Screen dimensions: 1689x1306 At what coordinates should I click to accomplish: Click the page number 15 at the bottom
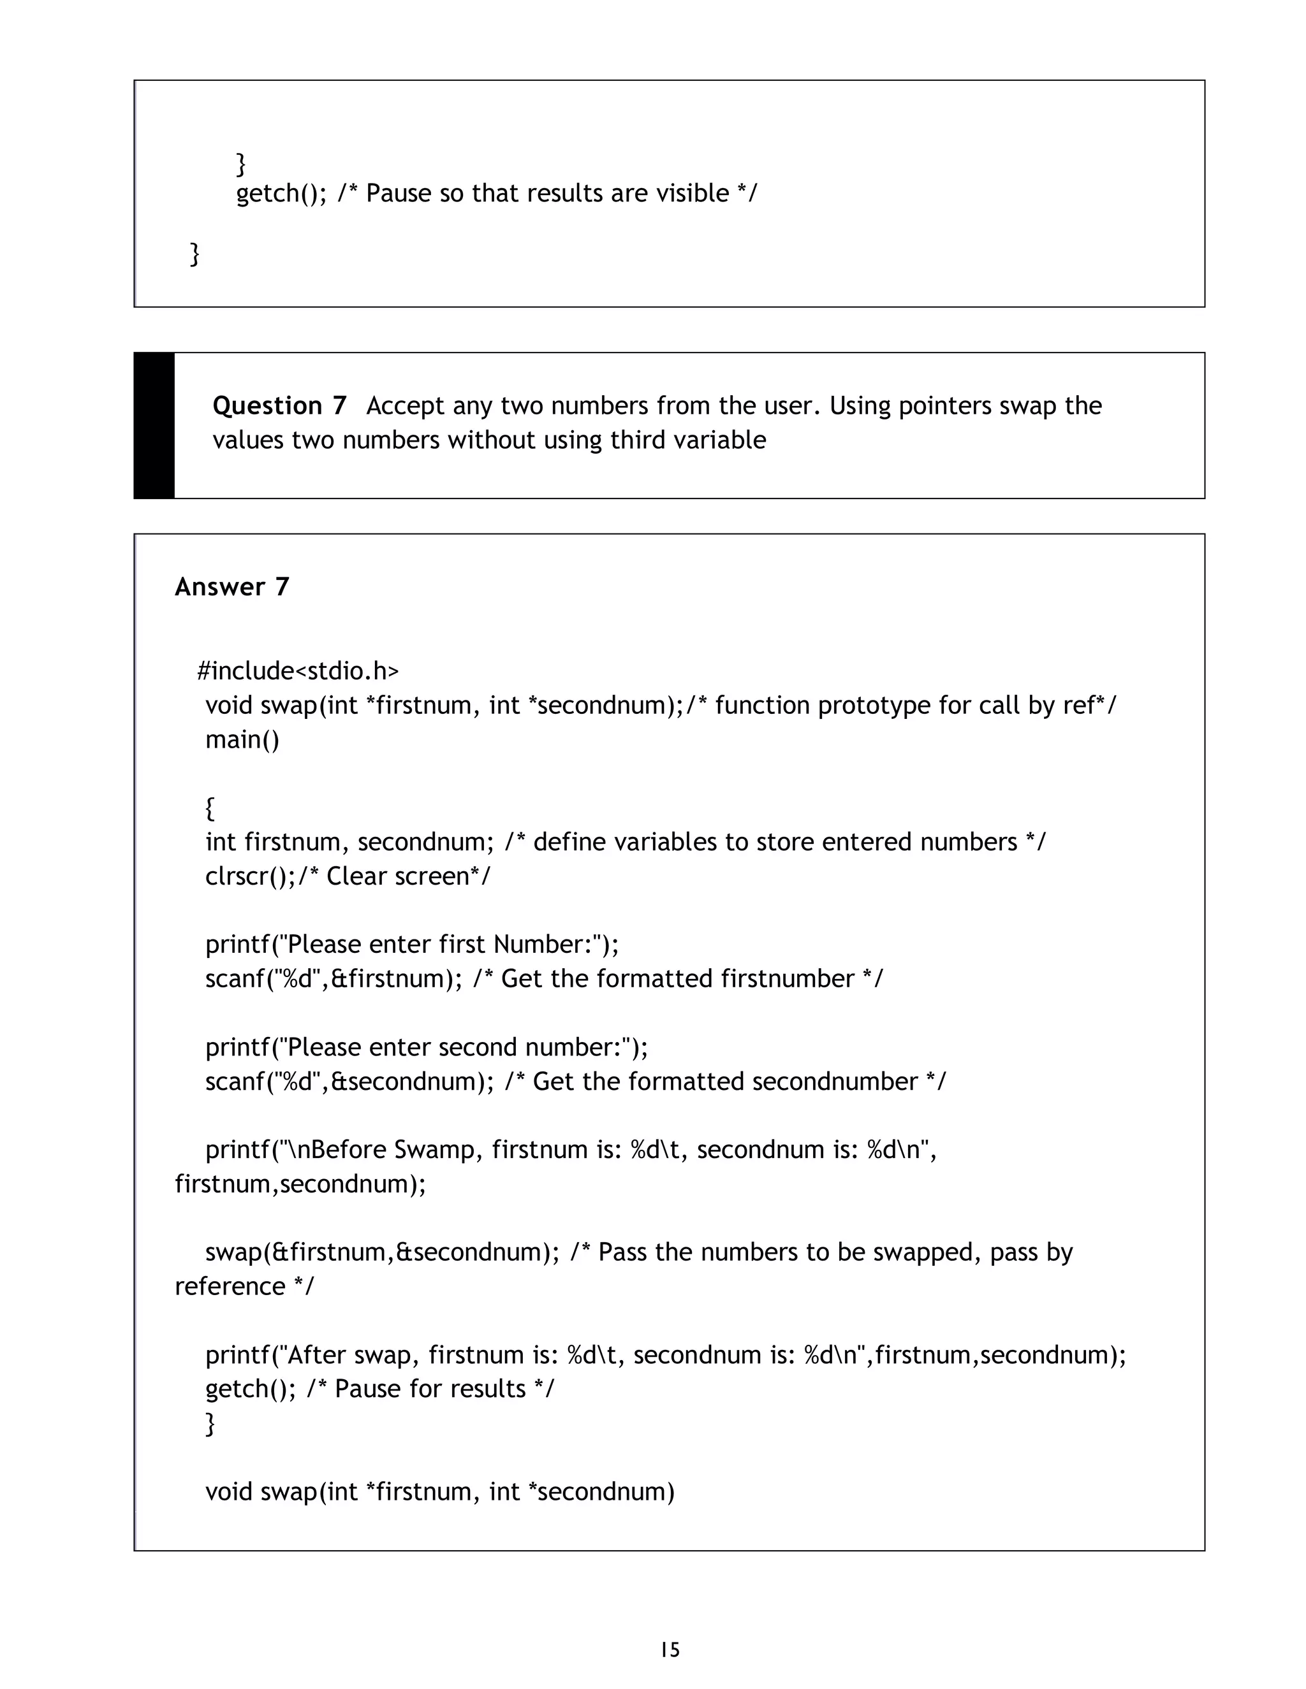click(670, 1649)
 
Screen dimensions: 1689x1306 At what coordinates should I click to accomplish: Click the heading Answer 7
click(232, 587)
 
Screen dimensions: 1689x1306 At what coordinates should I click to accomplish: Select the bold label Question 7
click(279, 405)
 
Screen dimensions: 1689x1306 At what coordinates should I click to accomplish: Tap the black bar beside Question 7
click(154, 425)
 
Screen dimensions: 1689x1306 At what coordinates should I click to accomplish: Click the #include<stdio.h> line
click(298, 671)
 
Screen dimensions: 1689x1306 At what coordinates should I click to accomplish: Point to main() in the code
click(242, 740)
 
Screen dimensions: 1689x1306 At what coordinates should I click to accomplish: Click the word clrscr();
click(250, 876)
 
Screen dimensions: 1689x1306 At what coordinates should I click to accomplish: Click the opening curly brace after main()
click(210, 808)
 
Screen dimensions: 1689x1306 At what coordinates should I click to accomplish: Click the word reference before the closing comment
click(230, 1286)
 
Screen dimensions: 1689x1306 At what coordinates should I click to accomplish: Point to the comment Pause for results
click(429, 1389)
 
